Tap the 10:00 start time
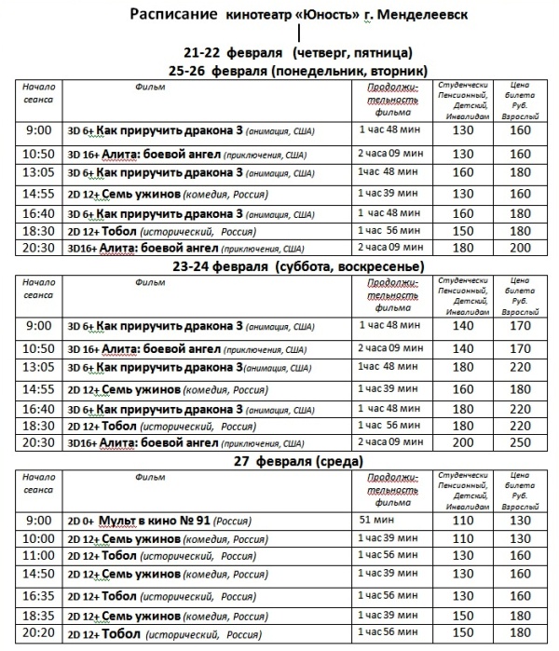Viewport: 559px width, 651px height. point(39,538)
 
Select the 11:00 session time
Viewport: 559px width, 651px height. point(39,555)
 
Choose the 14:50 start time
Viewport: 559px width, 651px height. point(39,574)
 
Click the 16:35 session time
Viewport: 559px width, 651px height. point(39,595)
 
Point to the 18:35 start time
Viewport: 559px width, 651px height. point(39,616)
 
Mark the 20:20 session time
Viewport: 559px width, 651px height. point(39,634)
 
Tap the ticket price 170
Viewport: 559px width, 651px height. point(519,327)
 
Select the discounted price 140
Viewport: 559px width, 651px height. point(462,327)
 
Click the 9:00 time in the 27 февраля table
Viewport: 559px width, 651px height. point(39,520)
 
